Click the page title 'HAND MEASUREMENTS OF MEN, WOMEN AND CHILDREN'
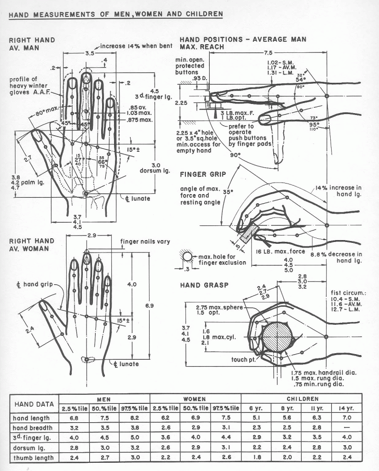click(116, 14)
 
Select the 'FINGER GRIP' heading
click(200, 175)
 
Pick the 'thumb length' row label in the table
click(34, 457)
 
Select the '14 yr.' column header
click(347, 408)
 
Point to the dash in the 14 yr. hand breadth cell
click(347, 428)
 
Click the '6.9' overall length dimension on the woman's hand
click(149, 305)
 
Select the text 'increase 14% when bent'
click(136, 46)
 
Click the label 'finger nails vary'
click(145, 241)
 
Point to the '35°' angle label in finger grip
click(227, 192)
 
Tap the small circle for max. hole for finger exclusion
click(188, 257)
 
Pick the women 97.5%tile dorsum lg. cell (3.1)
click(225, 447)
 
